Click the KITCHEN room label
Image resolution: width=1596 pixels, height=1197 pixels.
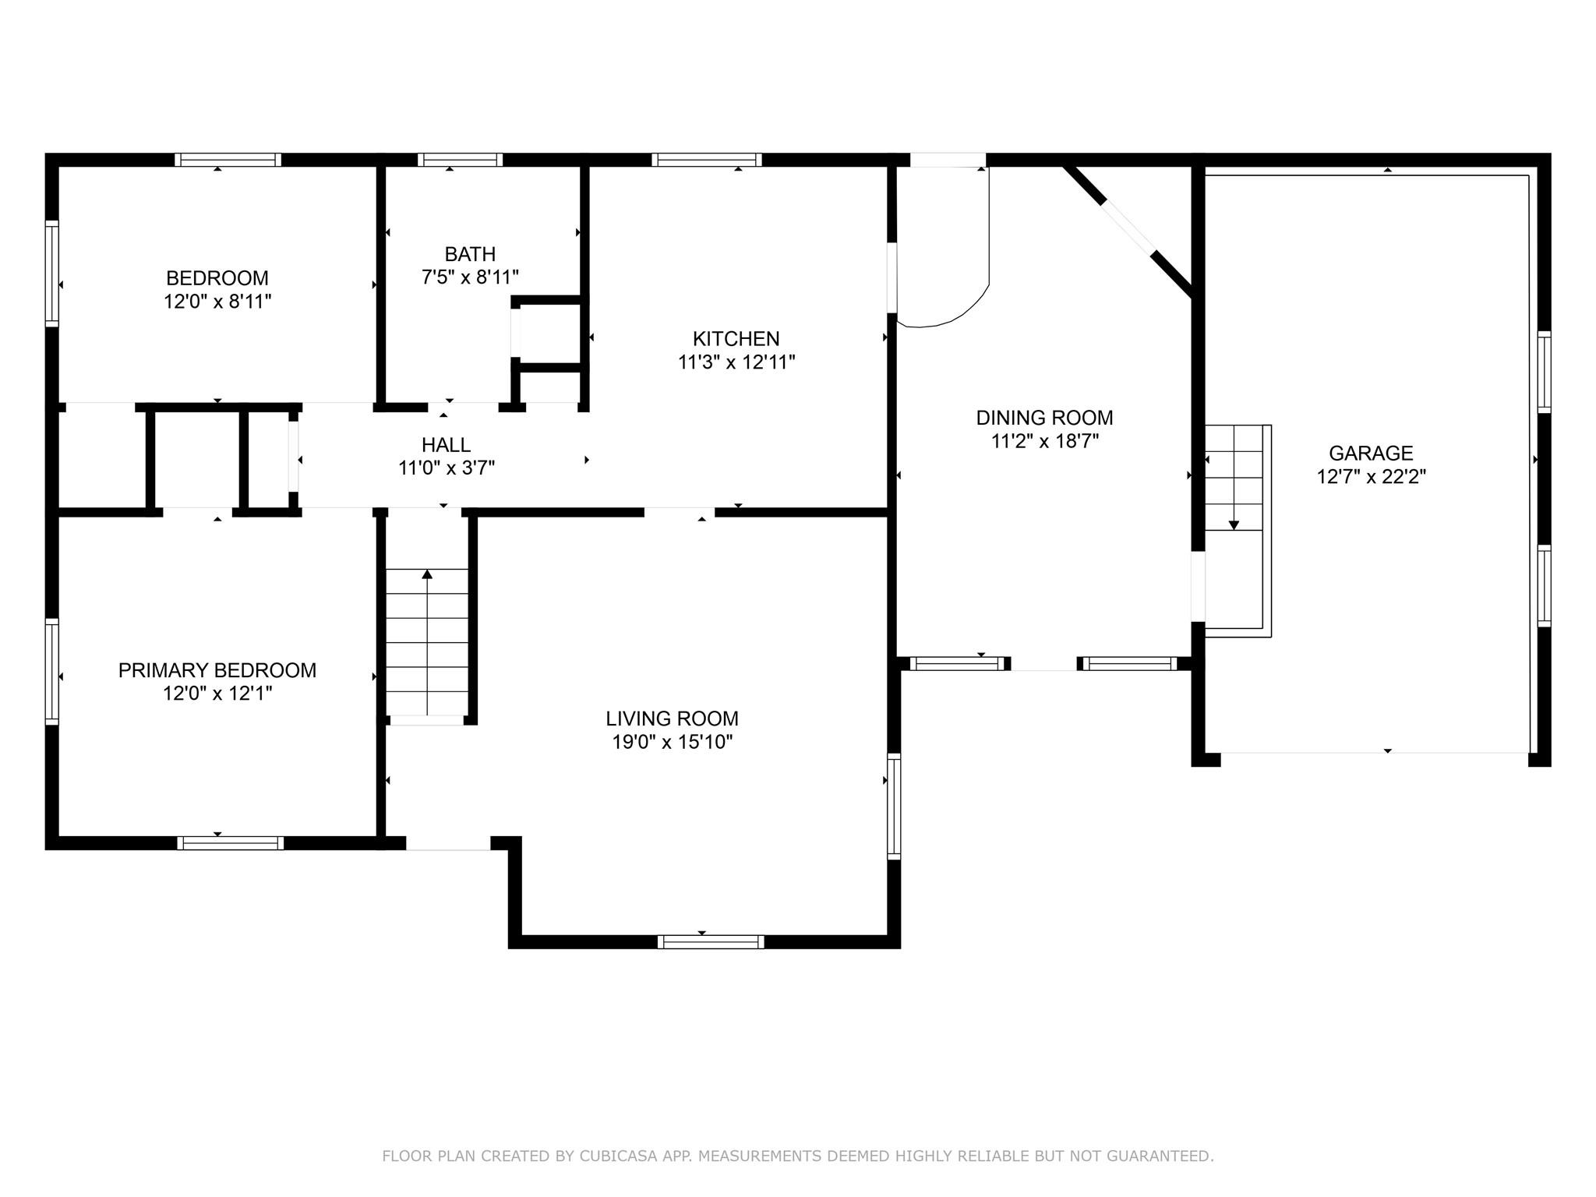(736, 339)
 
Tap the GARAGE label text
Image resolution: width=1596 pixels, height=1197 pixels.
(1371, 453)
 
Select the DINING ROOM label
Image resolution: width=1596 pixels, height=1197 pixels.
(1044, 418)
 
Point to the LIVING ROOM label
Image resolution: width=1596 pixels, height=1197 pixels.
(672, 719)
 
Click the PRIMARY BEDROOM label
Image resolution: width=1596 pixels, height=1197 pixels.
(217, 670)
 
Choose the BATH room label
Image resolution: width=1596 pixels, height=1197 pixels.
(470, 254)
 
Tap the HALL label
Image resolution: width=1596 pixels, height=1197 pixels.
(446, 445)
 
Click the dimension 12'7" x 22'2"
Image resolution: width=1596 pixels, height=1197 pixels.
(1372, 477)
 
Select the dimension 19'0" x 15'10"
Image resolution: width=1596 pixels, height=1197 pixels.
(673, 742)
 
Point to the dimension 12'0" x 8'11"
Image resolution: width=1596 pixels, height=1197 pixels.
(217, 302)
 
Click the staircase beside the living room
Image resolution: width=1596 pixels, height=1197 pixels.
(427, 642)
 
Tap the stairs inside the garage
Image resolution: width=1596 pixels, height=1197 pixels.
(1238, 531)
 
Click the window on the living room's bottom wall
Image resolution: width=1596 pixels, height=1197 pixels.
(711, 941)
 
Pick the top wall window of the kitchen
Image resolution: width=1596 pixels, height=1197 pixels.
(707, 160)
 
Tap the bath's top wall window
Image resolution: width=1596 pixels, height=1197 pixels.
(460, 160)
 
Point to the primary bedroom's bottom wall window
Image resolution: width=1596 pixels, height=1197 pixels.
(230, 842)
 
